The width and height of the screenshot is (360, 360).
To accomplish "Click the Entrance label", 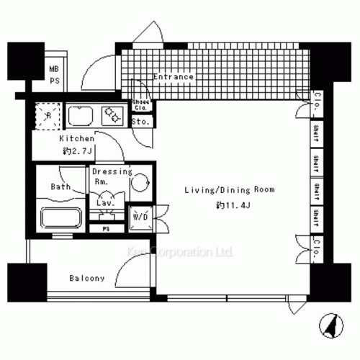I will coord(174,76).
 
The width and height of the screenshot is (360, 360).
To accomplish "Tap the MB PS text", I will coord(55,75).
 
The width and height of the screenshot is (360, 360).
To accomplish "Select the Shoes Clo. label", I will coord(140,106).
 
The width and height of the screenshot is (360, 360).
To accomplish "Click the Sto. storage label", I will coord(141,122).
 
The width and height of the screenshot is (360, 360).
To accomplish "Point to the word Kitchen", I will coord(76,138).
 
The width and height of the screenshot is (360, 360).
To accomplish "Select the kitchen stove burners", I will coord(113,115).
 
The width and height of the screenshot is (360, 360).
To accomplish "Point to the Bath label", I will coord(60,187).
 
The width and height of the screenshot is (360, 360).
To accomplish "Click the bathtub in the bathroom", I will coord(63,217).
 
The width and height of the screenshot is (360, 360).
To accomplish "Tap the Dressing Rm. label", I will coord(112,176).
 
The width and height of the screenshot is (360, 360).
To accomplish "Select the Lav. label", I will coord(106,204).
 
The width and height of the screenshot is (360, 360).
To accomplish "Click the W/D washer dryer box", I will coord(140,215).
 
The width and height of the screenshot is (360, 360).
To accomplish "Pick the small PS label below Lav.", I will coord(106,229).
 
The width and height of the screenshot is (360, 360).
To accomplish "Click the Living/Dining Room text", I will coord(220,190).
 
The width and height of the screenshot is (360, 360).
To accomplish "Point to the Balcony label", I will coord(87,278).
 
